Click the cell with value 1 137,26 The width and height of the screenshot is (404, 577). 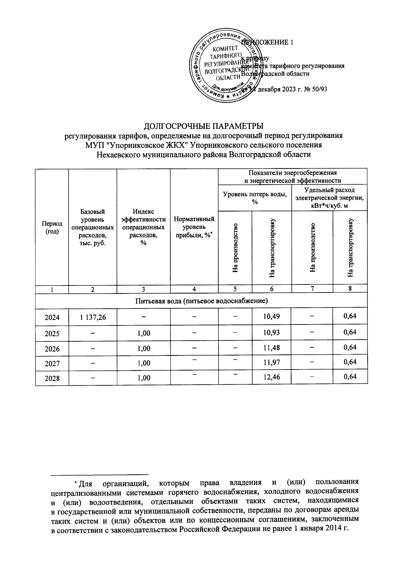pyautogui.click(x=93, y=317)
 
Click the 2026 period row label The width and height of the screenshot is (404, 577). pyautogui.click(x=52, y=348)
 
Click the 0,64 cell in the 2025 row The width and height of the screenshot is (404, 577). pyautogui.click(x=350, y=332)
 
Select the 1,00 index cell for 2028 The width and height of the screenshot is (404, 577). pyautogui.click(x=144, y=378)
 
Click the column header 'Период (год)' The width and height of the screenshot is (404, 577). pyautogui.click(x=52, y=227)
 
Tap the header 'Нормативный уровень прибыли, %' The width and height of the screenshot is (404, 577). pyautogui.click(x=194, y=227)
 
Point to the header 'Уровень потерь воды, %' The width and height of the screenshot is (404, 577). pyautogui.click(x=255, y=198)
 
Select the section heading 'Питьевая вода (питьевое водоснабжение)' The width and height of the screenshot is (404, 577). pyautogui.click(x=201, y=301)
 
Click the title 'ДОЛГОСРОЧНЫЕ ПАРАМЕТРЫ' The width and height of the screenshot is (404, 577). pyautogui.click(x=203, y=126)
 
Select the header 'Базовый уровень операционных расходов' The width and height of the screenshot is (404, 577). pyautogui.click(x=93, y=227)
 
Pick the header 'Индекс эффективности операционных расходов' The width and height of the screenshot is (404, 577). pyautogui.click(x=143, y=227)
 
